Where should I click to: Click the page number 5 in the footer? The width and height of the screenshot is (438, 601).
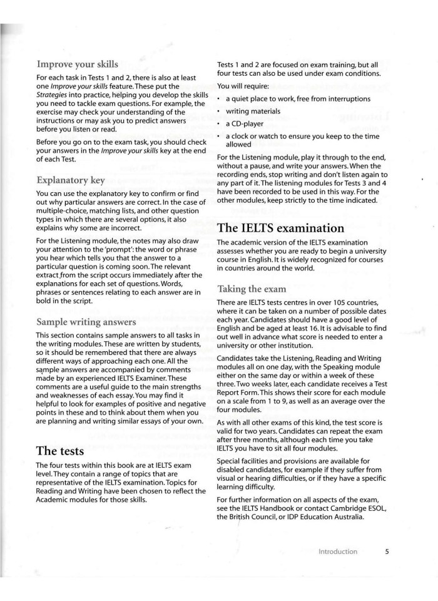point(387,551)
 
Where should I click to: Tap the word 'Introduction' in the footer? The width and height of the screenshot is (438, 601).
point(338,551)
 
